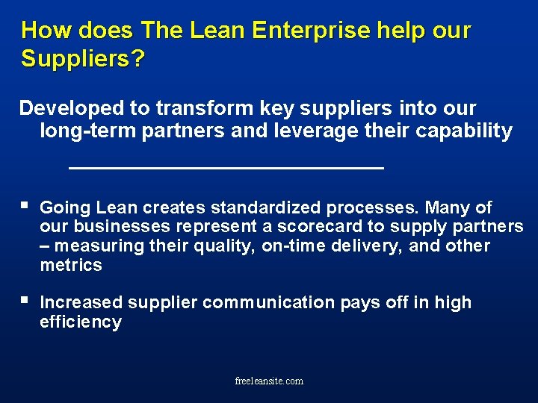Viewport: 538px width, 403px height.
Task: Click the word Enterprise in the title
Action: point(312,31)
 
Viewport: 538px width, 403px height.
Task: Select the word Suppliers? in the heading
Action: point(83,59)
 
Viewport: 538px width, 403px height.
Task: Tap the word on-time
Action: point(294,246)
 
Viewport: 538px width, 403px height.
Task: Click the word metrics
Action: point(71,266)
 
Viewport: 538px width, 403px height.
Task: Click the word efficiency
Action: point(81,322)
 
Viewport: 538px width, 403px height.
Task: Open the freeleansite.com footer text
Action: point(269,381)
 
